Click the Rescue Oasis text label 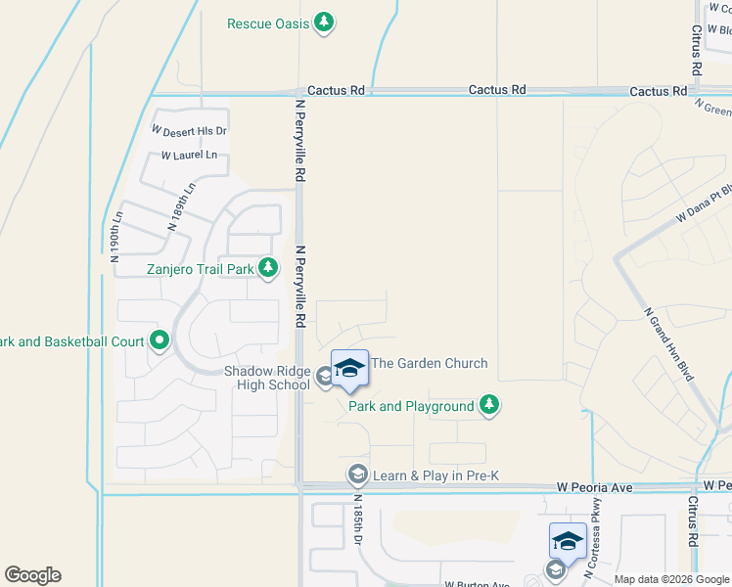pos(267,23)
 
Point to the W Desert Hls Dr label pos(189,130)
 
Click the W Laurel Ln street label pos(189,156)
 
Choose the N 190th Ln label pos(115,236)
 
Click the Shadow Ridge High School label pos(266,378)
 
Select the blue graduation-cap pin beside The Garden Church pos(349,369)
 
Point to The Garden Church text pos(430,364)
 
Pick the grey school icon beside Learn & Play pos(357,475)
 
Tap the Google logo pos(32,575)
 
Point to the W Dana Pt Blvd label pos(703,204)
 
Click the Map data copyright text pos(670,579)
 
